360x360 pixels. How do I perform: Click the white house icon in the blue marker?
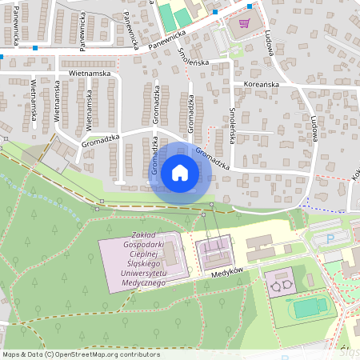tap(180, 172)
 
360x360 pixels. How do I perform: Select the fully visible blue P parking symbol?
tap(330, 238)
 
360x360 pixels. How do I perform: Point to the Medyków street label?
tap(228, 273)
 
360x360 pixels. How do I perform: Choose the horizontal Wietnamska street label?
tap(89, 73)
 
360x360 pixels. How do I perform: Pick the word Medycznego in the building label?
tap(138, 283)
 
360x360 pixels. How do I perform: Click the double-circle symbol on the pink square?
tap(280, 284)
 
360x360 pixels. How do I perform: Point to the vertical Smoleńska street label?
tap(231, 125)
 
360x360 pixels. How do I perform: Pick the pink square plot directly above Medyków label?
tap(214, 254)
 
